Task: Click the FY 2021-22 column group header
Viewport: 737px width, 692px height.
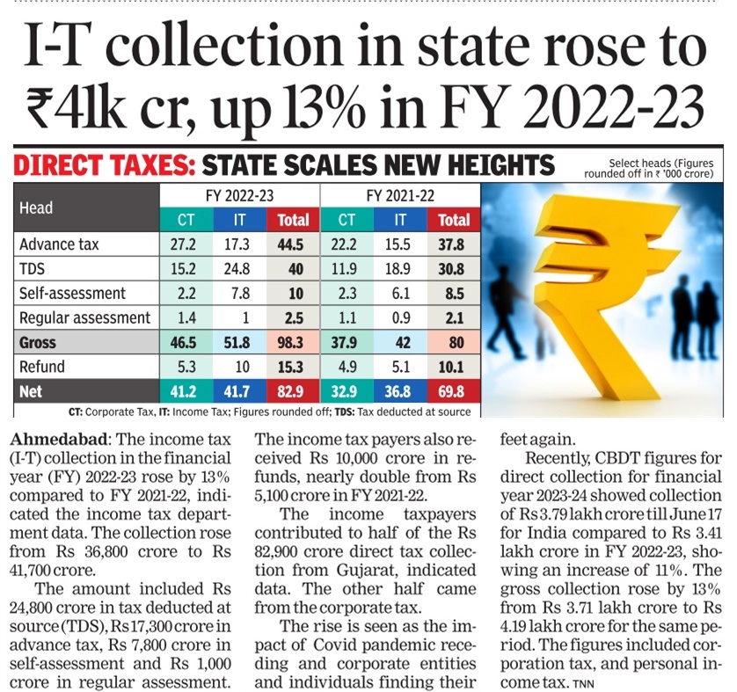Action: (x=400, y=194)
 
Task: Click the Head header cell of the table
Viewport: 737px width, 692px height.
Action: (x=37, y=208)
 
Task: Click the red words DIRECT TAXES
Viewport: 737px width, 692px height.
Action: (x=104, y=165)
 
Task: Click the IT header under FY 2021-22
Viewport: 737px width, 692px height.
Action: (x=400, y=220)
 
